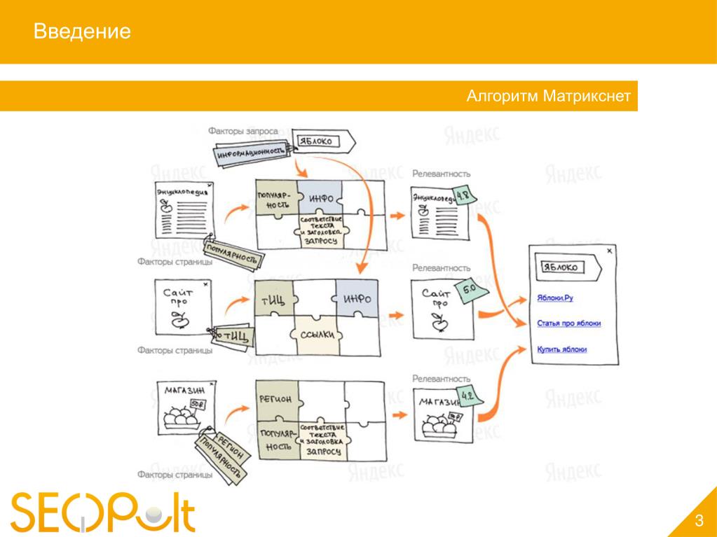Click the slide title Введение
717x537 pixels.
83,32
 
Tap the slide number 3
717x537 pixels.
699,519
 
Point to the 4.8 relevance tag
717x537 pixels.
463,195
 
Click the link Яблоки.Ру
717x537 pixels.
556,298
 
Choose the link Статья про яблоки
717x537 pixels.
568,323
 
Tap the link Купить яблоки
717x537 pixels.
561,349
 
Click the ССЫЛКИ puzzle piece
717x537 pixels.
320,335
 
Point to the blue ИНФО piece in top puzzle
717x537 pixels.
320,198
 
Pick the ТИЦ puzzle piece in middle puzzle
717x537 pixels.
273,301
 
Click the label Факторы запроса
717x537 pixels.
243,131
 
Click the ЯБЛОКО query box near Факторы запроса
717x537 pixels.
320,141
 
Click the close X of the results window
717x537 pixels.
609,250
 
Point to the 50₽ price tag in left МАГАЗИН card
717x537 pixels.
198,404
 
